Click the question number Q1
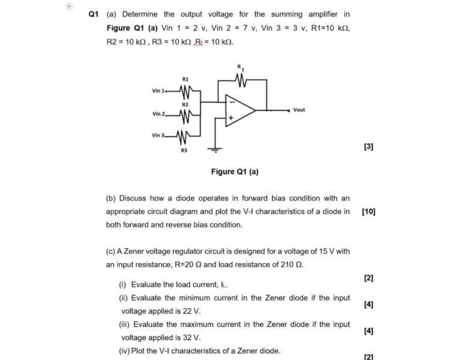(93, 14)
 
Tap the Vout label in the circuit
(299, 110)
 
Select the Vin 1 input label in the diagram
(158, 91)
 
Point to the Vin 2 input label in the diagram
(159, 114)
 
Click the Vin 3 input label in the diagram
(159, 135)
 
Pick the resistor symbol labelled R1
(186, 91)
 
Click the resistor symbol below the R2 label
(186, 114)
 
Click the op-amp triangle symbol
(239, 110)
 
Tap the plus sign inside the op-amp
(230, 118)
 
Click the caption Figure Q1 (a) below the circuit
(234, 171)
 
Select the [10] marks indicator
(369, 212)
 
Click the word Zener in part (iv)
(251, 351)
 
